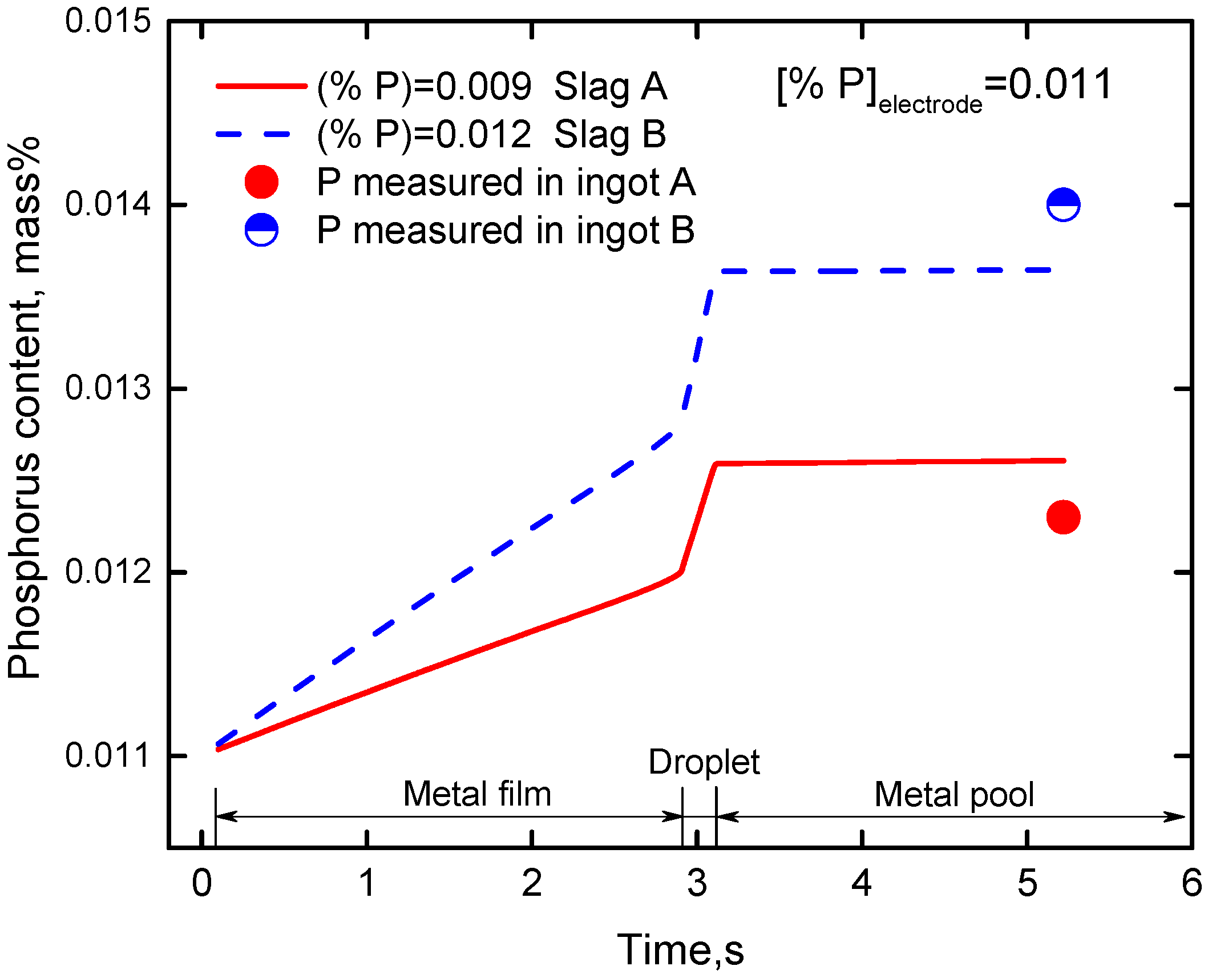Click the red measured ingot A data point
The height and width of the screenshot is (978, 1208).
pyautogui.click(x=1063, y=517)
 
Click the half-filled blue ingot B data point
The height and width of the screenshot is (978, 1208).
pyautogui.click(x=1063, y=204)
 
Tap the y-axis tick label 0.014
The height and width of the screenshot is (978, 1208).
pyautogui.click(x=108, y=204)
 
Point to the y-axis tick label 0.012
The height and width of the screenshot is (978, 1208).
pyautogui.click(x=108, y=571)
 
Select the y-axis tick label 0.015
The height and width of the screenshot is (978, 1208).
pyautogui.click(x=108, y=21)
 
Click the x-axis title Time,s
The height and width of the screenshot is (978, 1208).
pyautogui.click(x=680, y=950)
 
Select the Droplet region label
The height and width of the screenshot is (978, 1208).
pyautogui.click(x=704, y=762)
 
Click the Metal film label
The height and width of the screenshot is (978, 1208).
pyautogui.click(x=477, y=794)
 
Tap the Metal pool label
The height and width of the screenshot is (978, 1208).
pyautogui.click(x=954, y=794)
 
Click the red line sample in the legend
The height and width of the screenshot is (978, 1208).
pyautogui.click(x=261, y=87)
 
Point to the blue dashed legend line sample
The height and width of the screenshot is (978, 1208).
pyautogui.click(x=253, y=135)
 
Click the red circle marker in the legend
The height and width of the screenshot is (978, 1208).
pyautogui.click(x=261, y=182)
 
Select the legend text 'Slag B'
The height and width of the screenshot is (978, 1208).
pyautogui.click(x=610, y=135)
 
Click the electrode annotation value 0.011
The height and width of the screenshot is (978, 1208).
pyautogui.click(x=1060, y=84)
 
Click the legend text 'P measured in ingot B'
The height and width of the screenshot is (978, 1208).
pyautogui.click(x=506, y=230)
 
